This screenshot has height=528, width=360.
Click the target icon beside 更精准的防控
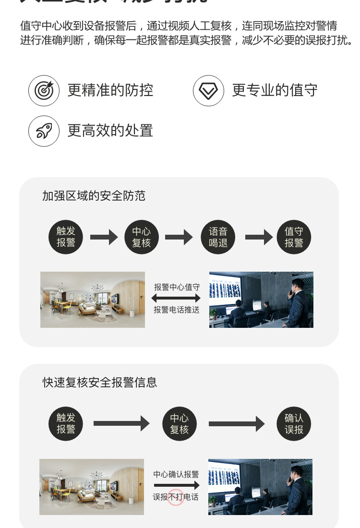(x=44, y=90)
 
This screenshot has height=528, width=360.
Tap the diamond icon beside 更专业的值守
(x=208, y=90)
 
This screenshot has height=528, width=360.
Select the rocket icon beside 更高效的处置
(x=44, y=131)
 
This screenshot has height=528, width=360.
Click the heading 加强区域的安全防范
(x=94, y=196)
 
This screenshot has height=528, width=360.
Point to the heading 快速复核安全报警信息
(x=100, y=383)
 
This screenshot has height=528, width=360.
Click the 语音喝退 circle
(x=218, y=237)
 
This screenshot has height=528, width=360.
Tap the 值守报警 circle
(x=294, y=237)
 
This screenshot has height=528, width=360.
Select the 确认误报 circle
(x=294, y=424)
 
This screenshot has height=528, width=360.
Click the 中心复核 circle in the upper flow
(x=142, y=237)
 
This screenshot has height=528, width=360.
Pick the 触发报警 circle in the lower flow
(x=66, y=424)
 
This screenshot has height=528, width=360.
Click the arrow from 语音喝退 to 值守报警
(x=258, y=237)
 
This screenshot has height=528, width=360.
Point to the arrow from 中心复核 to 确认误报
(x=236, y=424)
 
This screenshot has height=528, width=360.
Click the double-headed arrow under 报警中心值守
(x=177, y=299)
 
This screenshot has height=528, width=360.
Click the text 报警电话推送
(x=177, y=310)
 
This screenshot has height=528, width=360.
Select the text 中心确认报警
(x=176, y=474)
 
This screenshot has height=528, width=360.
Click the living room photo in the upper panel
(x=93, y=300)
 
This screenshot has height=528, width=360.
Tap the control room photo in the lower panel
(x=260, y=487)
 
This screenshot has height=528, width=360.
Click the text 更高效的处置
(x=110, y=131)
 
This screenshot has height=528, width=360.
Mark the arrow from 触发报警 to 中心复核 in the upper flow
(x=104, y=237)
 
